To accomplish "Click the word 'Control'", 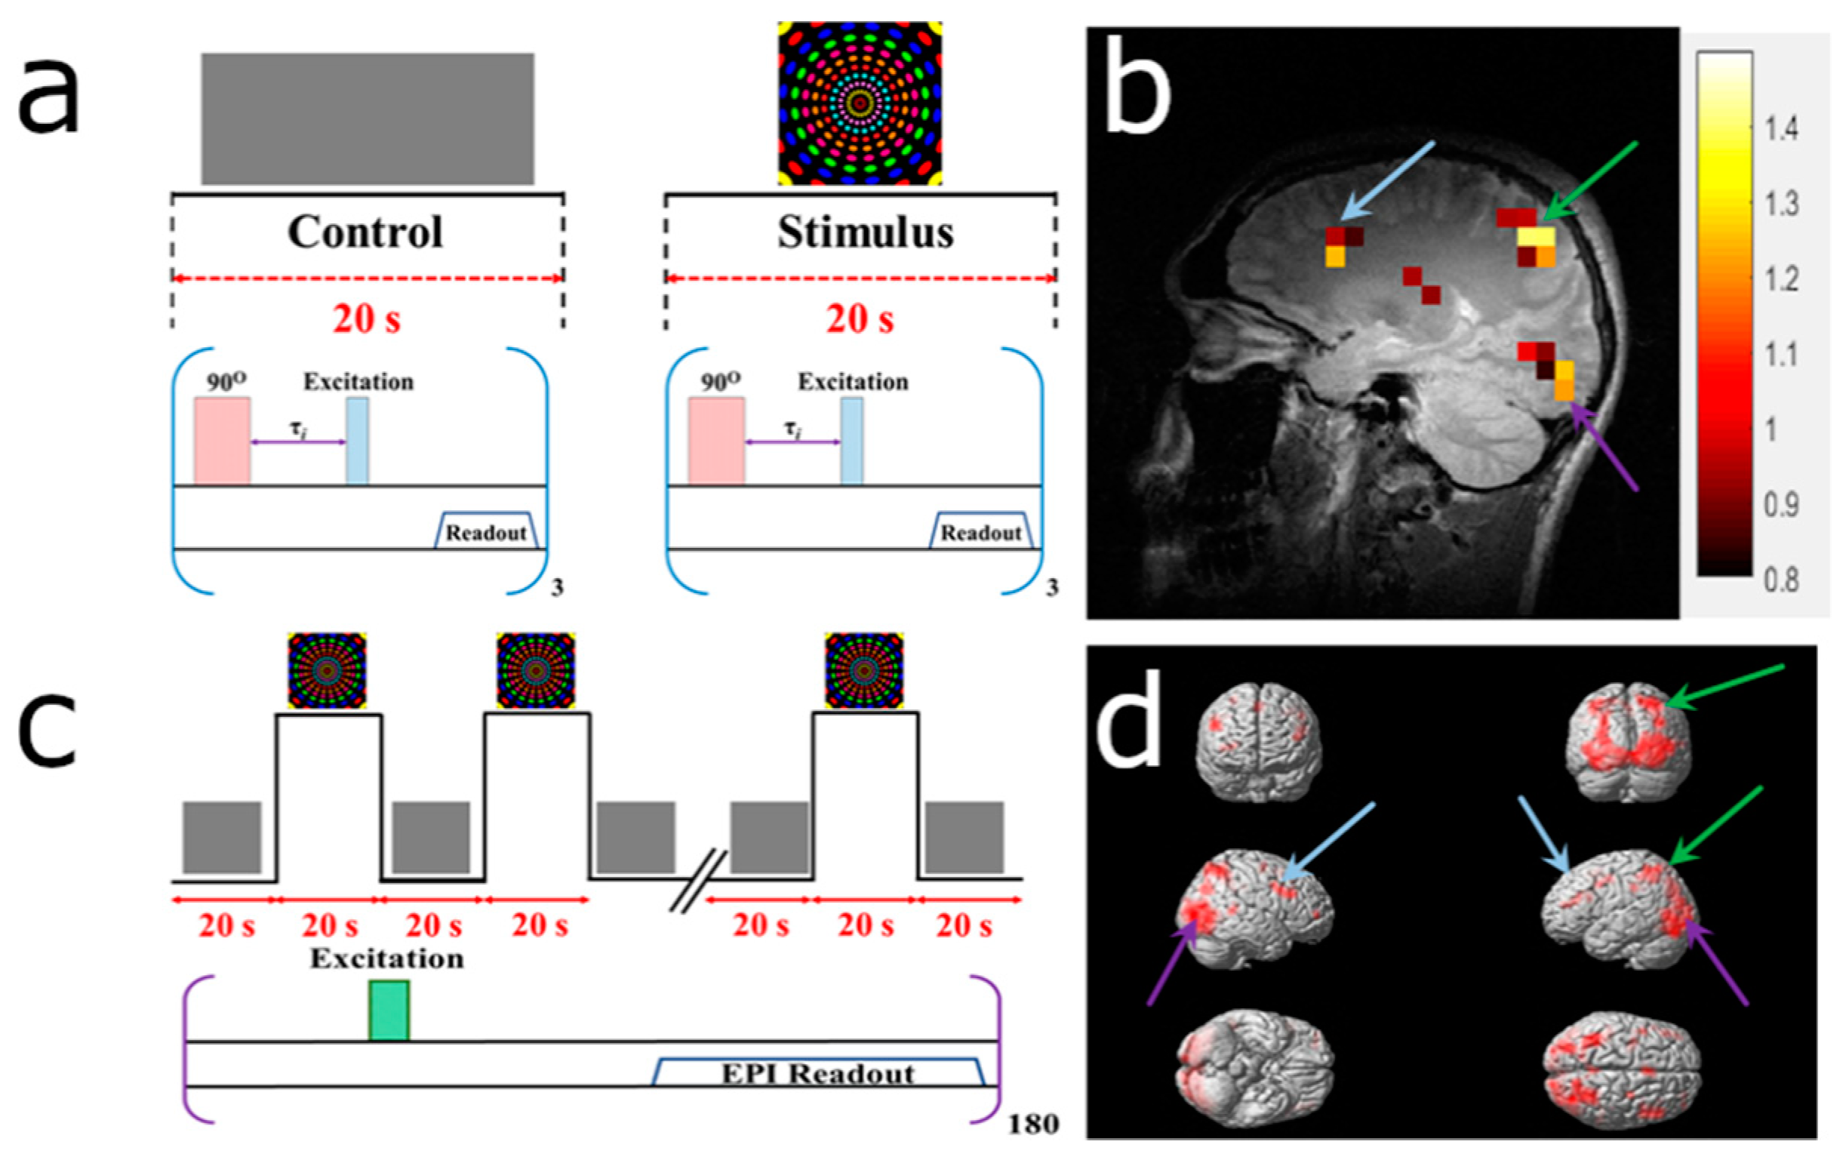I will [x=366, y=232].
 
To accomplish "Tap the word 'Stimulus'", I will [x=866, y=232].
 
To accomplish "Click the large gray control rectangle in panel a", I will [x=368, y=118].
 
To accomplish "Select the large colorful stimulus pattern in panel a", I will [x=860, y=103].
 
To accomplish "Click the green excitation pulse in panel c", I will [x=389, y=1011].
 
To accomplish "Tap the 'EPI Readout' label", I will [x=818, y=1074].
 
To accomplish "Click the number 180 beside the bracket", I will [x=1032, y=1125].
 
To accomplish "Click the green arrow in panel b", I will [x=1590, y=181].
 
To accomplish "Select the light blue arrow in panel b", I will [x=1388, y=181].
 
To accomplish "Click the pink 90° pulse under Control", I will [x=222, y=440].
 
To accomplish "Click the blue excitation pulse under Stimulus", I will [x=852, y=440].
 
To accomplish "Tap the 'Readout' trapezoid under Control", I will [x=486, y=531].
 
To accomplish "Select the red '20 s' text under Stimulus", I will [x=860, y=319].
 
